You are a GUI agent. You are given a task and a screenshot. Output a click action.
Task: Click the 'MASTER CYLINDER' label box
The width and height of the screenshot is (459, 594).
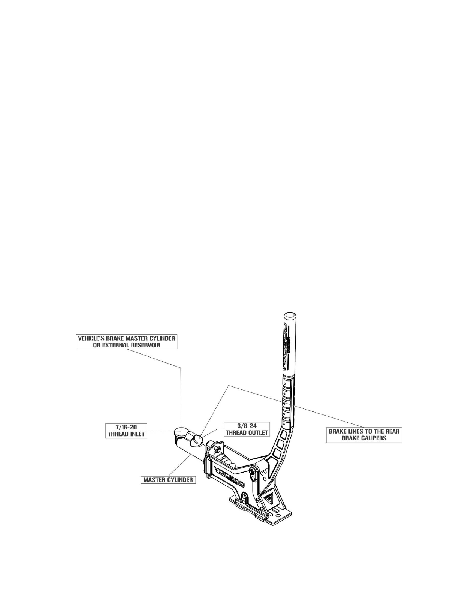tap(168, 480)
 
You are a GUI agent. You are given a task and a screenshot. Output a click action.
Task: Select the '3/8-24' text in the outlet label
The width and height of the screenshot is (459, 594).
tap(247, 426)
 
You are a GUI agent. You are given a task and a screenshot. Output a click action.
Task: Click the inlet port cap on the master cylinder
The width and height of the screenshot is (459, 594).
tap(182, 432)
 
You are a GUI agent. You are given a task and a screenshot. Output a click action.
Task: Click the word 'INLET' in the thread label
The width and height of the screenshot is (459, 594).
tap(136, 434)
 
